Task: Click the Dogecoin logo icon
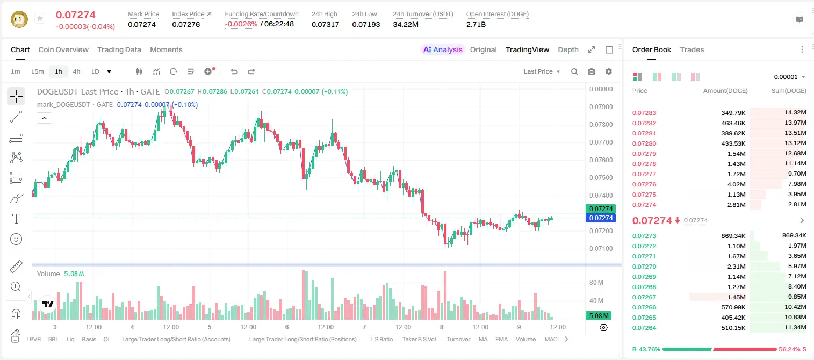[19, 19]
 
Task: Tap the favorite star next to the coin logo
[40, 18]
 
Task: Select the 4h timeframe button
[76, 71]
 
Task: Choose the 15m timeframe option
[38, 71]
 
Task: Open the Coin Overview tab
[63, 49]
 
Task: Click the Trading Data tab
[119, 49]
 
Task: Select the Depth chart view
[568, 49]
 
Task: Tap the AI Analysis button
[443, 49]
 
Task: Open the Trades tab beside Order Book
[692, 49]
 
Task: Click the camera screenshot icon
[592, 71]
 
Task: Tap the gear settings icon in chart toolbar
[609, 71]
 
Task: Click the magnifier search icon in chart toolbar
[574, 71]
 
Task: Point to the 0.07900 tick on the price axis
[601, 107]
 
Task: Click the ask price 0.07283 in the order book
[644, 113]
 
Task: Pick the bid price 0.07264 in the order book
[644, 328]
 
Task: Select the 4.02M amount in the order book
[736, 184]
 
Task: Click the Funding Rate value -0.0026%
[241, 24]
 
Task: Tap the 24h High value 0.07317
[325, 24]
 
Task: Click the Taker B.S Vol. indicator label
[419, 339]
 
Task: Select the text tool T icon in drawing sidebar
[16, 219]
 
